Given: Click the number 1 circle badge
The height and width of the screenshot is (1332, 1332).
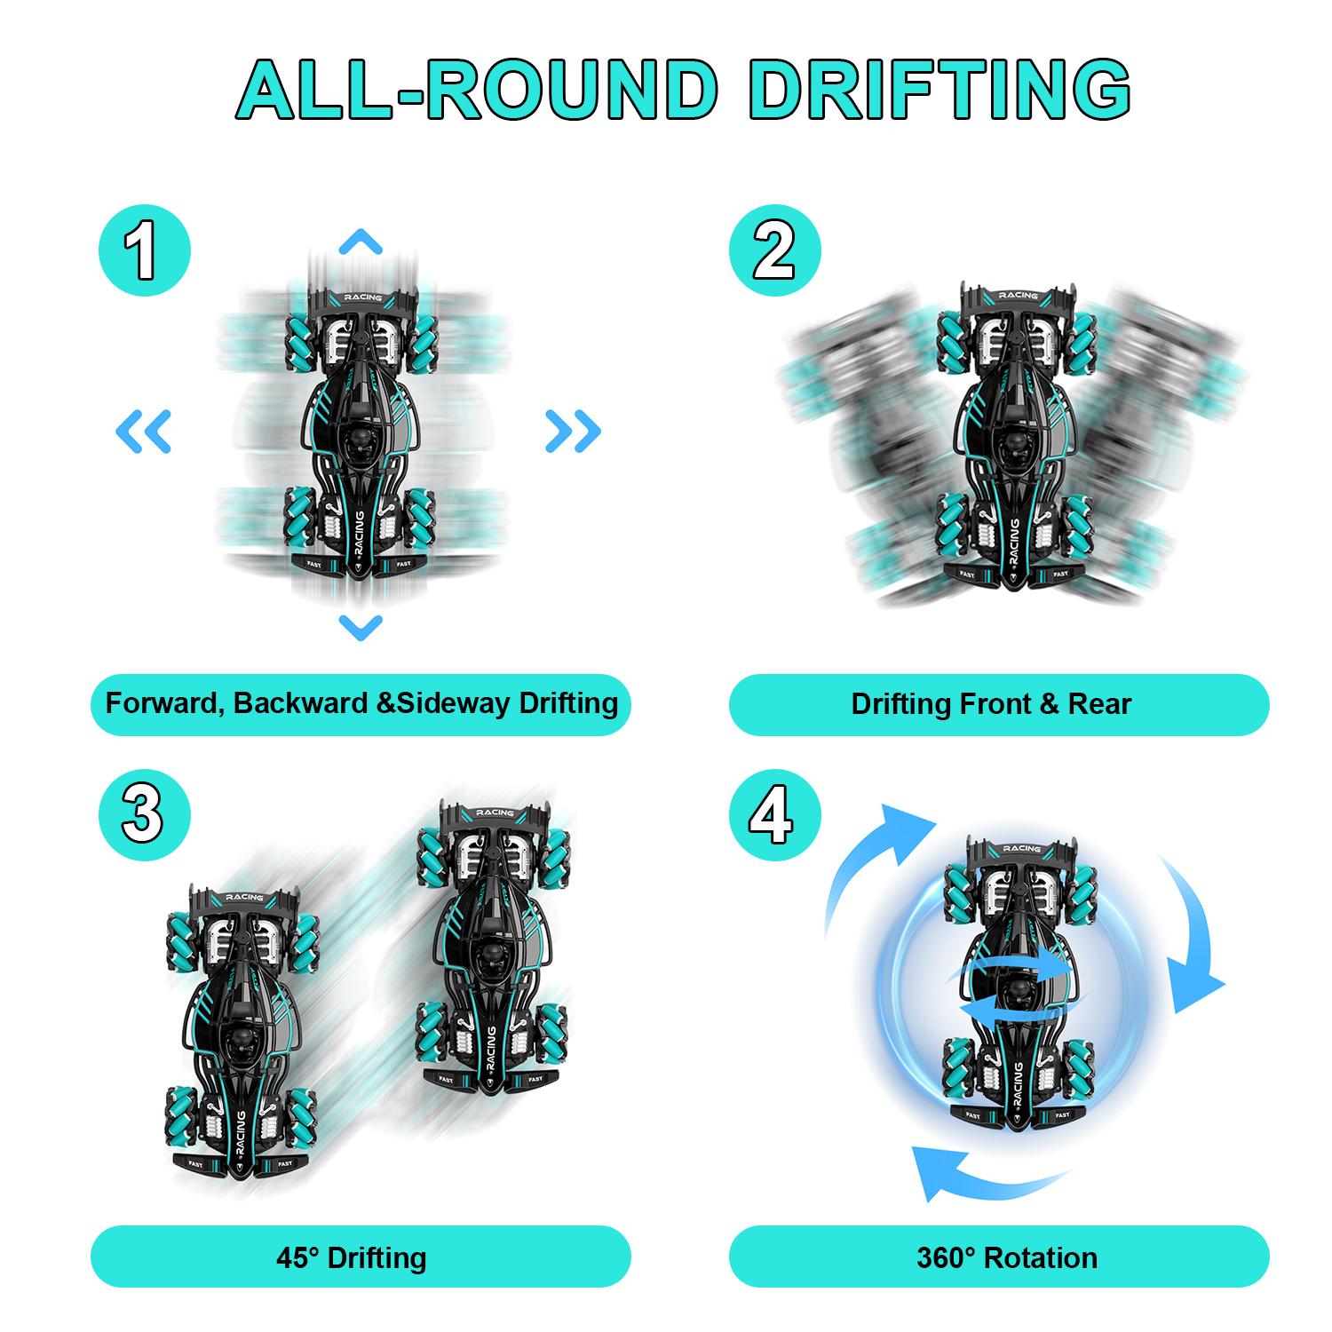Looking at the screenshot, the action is coord(144,250).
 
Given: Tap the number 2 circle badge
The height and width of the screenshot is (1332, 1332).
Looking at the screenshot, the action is coord(774,250).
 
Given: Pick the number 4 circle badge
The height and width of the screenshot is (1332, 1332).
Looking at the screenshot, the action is coord(774,815).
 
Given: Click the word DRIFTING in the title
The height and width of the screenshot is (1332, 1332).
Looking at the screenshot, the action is coord(940,89).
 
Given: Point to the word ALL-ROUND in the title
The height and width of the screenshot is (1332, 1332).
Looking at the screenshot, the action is coord(478,89).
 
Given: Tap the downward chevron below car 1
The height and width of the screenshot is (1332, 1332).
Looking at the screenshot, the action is coord(361,627).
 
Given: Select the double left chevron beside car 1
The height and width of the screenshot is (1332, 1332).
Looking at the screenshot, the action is coord(144,432).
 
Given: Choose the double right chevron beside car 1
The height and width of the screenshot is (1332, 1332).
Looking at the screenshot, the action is coord(574,432).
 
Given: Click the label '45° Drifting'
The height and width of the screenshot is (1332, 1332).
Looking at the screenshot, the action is coord(352,1257).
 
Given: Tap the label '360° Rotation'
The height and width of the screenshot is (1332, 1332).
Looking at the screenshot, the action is coord(1007,1257).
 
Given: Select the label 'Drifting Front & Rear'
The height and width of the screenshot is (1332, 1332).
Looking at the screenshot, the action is coord(991,704).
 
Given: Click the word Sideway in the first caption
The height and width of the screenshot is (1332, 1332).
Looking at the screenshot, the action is coord(453,703).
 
